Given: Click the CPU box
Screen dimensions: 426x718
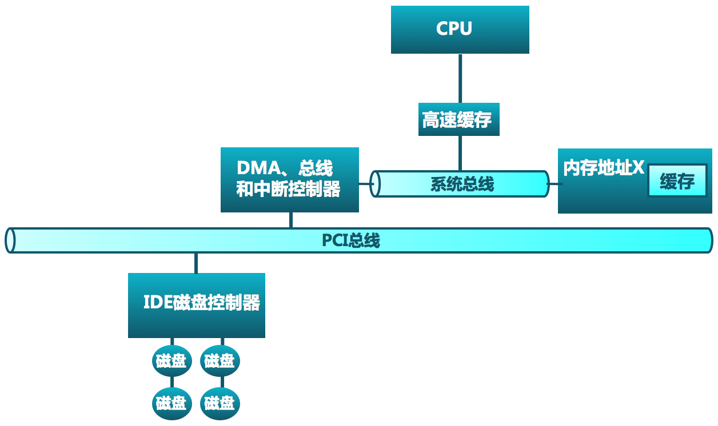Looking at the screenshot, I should point(460,30).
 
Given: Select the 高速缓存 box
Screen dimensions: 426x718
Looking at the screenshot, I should point(458,119).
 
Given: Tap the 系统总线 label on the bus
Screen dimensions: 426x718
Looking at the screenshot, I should point(461,184).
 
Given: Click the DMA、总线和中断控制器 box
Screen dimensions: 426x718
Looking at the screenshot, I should point(289,180).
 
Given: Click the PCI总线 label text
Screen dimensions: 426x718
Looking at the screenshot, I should point(350,240).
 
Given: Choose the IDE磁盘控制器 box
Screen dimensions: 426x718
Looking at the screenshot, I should point(196,305).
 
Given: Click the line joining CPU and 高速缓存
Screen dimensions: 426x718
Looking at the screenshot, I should point(460,78).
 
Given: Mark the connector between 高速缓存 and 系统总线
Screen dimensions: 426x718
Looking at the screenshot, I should point(460,153).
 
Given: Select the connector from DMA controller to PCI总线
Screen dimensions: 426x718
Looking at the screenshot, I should point(291,220).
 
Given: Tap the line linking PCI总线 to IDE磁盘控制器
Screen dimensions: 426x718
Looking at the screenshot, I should point(196,263).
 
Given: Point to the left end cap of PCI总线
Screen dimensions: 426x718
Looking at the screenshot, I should point(10,240).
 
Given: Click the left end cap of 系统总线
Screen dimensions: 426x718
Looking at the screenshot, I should point(375,184).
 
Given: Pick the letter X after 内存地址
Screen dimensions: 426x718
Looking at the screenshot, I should point(639,168).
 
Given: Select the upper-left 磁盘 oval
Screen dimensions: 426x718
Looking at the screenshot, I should point(171,361).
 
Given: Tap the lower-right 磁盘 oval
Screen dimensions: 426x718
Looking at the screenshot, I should point(220,403).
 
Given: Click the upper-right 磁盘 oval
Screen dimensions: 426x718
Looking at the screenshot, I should point(220,361).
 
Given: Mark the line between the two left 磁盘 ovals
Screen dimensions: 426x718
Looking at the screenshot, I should point(171,382).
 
